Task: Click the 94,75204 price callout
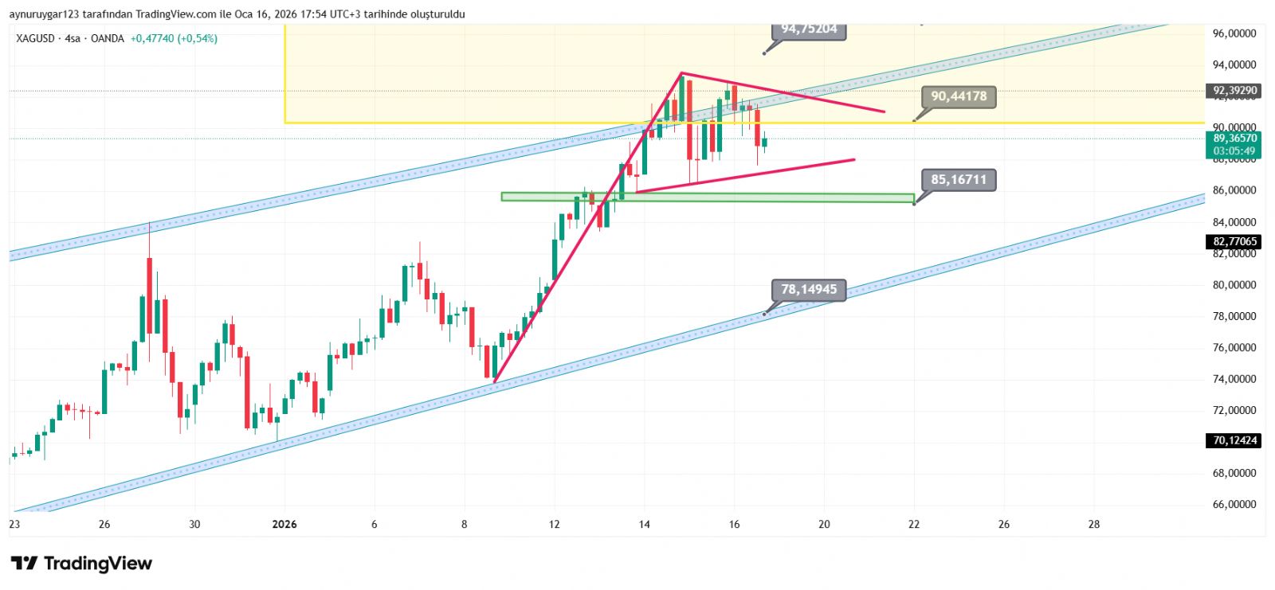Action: pyautogui.click(x=809, y=29)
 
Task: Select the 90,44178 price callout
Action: pyautogui.click(x=958, y=96)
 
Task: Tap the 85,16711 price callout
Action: pyautogui.click(x=958, y=180)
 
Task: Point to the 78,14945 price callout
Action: pyautogui.click(x=809, y=290)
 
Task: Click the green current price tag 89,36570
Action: pyautogui.click(x=1234, y=144)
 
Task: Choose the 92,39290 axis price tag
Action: pyautogui.click(x=1234, y=91)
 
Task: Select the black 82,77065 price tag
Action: pyautogui.click(x=1234, y=241)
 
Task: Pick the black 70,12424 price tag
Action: pyautogui.click(x=1234, y=440)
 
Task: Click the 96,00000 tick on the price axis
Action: pyautogui.click(x=1234, y=33)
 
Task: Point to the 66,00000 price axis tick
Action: pyautogui.click(x=1234, y=504)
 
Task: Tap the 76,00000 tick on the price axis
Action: pyautogui.click(x=1234, y=347)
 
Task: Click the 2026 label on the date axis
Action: pyautogui.click(x=284, y=524)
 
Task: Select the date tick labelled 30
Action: pyautogui.click(x=194, y=524)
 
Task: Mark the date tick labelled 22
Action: pyautogui.click(x=914, y=524)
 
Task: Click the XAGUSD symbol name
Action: pyautogui.click(x=35, y=38)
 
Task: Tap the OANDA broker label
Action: pyautogui.click(x=107, y=38)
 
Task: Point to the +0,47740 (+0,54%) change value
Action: pyautogui.click(x=174, y=38)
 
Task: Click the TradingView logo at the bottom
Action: pyautogui.click(x=81, y=564)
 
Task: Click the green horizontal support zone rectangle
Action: pyautogui.click(x=707, y=197)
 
